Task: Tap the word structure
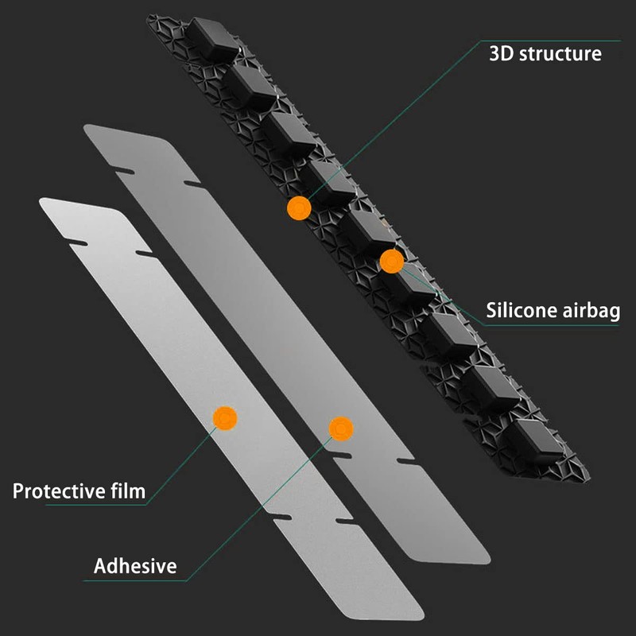(x=562, y=54)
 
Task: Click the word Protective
(x=62, y=491)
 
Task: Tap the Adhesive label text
(x=135, y=567)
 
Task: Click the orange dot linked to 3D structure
(x=299, y=208)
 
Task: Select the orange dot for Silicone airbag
(x=391, y=262)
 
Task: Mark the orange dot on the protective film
(x=226, y=417)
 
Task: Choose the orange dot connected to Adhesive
(x=341, y=429)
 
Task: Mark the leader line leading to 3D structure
(x=397, y=119)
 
